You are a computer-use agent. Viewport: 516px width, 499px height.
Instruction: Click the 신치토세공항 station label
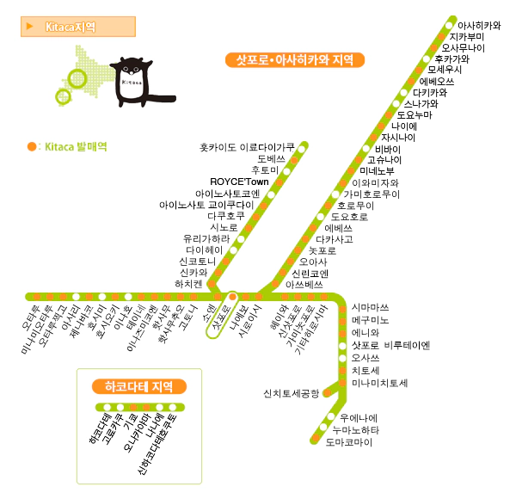tap(292, 393)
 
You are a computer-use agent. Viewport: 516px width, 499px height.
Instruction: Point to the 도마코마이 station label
tap(349, 441)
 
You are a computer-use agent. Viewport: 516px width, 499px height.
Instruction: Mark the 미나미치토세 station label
tap(379, 382)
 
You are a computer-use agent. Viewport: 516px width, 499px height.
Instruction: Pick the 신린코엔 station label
tap(310, 273)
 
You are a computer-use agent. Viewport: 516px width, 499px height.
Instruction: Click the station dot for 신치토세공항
tap(327, 393)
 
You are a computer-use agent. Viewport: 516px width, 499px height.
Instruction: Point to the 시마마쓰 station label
tap(371, 307)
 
